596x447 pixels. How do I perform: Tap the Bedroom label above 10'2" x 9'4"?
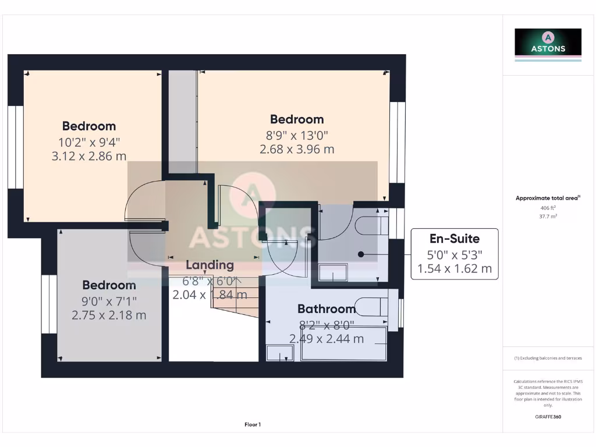[x=89, y=126]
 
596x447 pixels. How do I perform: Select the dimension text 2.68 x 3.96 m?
[x=297, y=149]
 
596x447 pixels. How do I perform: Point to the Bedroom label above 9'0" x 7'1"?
[x=109, y=285]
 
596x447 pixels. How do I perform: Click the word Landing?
[x=210, y=265]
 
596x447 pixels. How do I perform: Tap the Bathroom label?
[x=327, y=309]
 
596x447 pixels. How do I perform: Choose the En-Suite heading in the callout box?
[x=455, y=239]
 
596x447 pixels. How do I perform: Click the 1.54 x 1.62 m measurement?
[x=455, y=268]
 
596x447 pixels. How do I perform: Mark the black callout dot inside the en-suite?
[x=361, y=254]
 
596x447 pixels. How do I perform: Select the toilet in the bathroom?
[x=373, y=306]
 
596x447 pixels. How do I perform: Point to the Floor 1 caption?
[x=253, y=425]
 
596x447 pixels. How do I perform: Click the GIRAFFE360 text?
[x=547, y=417]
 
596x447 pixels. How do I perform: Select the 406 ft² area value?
[x=547, y=208]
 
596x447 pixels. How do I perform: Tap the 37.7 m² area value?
[x=547, y=217]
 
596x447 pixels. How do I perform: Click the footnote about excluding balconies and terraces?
[x=547, y=358]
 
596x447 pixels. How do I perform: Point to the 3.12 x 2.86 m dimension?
[x=89, y=155]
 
